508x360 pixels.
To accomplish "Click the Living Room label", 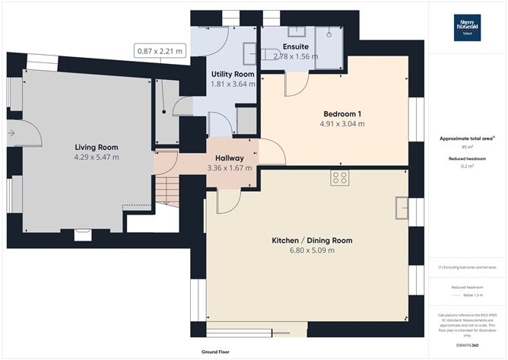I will (x=96, y=146).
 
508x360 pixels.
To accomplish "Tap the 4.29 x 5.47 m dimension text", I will (x=96, y=157).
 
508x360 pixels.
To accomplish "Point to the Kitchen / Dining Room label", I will (x=312, y=241).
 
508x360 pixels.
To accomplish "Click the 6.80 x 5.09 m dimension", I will (x=312, y=250).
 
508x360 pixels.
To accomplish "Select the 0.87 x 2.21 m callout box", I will (x=160, y=51).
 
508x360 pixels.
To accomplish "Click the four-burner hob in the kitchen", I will (x=340, y=178).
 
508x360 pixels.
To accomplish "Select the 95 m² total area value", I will (x=465, y=148).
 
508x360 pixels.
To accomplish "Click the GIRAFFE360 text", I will (x=465, y=346).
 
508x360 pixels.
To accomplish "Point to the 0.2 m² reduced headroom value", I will (x=465, y=166).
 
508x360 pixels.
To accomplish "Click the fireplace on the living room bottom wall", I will (x=81, y=234).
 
